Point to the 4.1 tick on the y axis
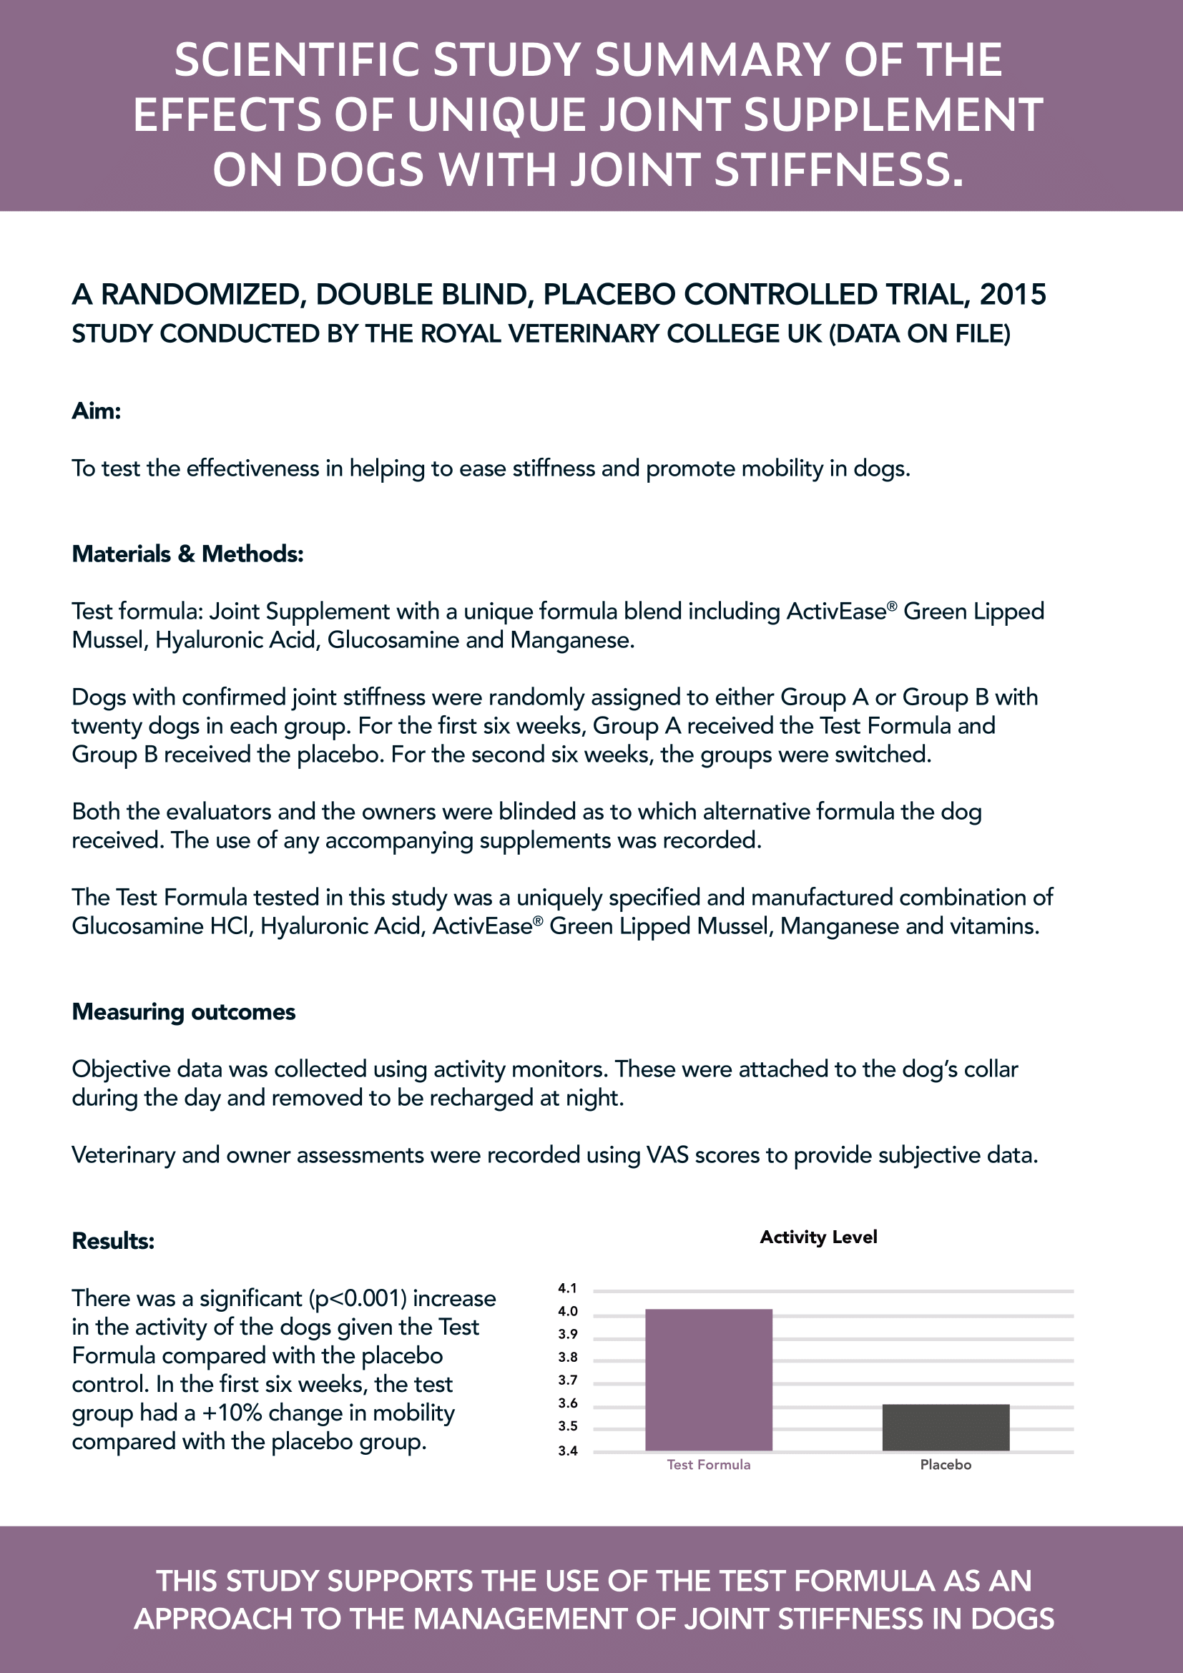point(567,1288)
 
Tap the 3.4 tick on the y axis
point(567,1451)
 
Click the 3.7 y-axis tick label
point(567,1380)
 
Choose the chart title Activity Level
point(818,1237)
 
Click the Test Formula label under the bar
point(708,1465)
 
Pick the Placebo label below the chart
point(946,1465)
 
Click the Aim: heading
point(96,411)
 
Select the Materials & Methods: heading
point(187,554)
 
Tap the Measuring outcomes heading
point(184,1012)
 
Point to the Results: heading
point(113,1241)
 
